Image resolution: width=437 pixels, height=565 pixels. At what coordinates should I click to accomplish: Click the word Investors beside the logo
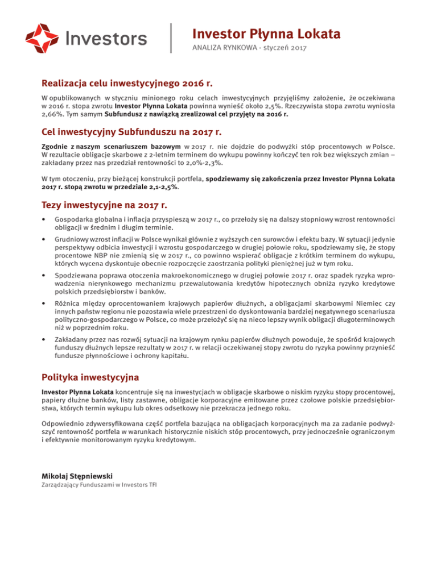106,38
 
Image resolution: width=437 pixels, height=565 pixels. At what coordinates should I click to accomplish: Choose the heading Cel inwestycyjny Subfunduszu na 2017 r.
131,132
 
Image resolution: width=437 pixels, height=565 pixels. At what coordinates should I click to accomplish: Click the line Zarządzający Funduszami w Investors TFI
100,485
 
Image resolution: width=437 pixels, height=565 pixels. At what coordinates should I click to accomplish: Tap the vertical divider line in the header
172,38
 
